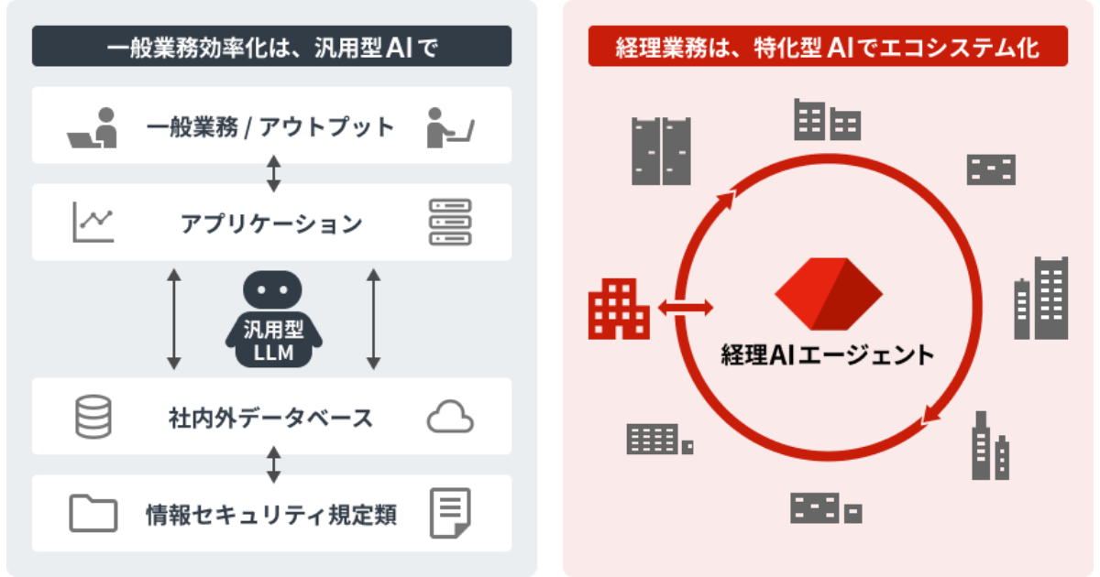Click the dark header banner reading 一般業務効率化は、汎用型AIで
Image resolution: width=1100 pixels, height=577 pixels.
click(271, 46)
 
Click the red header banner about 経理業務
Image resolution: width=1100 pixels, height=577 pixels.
click(828, 46)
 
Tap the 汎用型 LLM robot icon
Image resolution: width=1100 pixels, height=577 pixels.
click(273, 319)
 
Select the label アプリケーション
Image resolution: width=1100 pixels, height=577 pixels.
click(271, 223)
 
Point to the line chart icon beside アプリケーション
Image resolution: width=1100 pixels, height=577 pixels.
click(93, 222)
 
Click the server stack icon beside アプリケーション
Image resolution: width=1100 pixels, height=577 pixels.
click(450, 222)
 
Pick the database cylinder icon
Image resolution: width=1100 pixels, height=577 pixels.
click(93, 417)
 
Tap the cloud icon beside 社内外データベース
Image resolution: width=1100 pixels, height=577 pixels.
click(450, 417)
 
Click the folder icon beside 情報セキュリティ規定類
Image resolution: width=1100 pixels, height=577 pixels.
click(93, 513)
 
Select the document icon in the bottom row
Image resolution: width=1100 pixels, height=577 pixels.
click(450, 513)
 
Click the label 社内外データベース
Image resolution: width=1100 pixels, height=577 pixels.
click(271, 418)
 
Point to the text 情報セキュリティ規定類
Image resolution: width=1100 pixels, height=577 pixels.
click(271, 515)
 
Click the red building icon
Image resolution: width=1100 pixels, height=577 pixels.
click(619, 309)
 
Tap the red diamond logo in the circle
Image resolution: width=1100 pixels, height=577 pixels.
click(829, 294)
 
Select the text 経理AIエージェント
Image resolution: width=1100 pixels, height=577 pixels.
click(828, 354)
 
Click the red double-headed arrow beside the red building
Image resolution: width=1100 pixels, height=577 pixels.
click(686, 308)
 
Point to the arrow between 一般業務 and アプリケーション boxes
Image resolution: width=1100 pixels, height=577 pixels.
click(273, 174)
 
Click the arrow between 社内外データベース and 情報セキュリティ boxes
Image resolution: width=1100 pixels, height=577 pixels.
click(273, 464)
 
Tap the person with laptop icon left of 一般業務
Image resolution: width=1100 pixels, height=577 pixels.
click(93, 127)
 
